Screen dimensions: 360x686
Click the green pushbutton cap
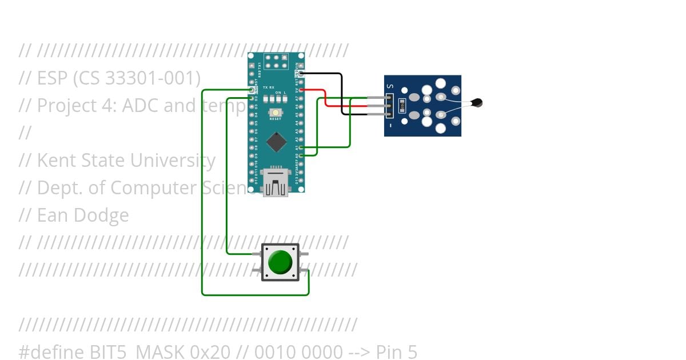[x=280, y=262]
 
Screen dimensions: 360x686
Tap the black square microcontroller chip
[x=277, y=142]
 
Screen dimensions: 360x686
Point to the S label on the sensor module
[x=390, y=87]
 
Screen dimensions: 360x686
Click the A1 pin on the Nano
[x=301, y=147]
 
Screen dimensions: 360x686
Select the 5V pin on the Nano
[x=301, y=90]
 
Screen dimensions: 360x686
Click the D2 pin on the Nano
[x=252, y=98]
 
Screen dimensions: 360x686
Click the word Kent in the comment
[x=55, y=161]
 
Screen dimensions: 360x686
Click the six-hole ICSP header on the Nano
[x=276, y=61]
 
